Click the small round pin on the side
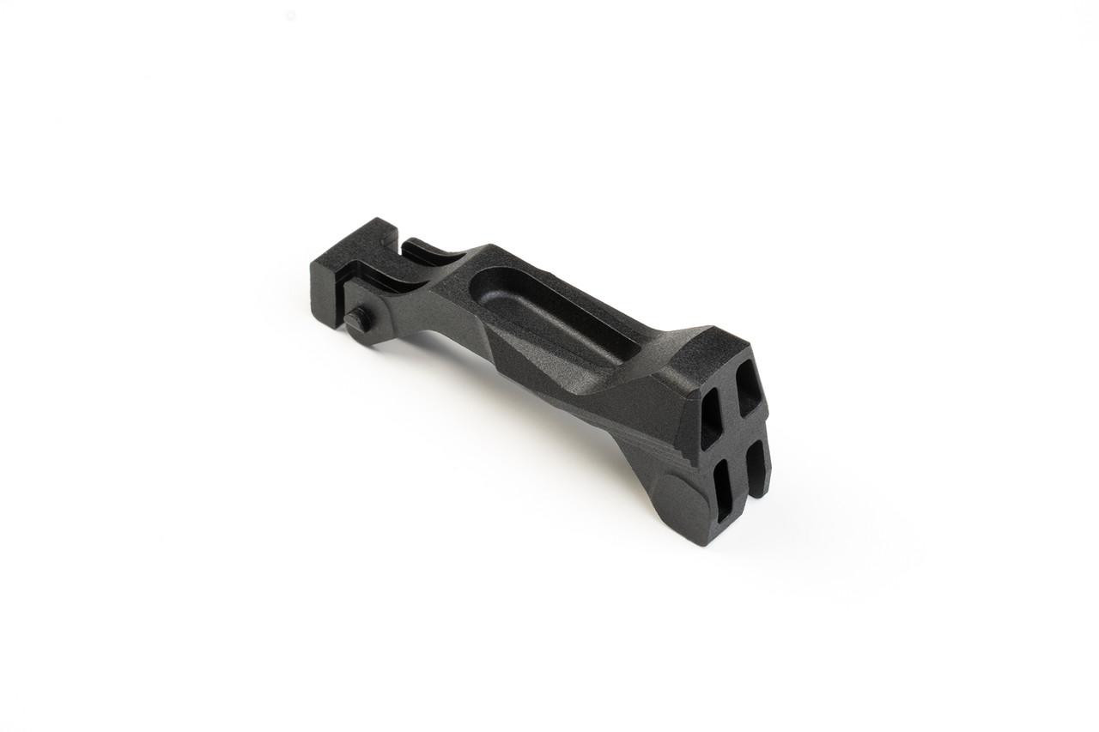(x=357, y=319)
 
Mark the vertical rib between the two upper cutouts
(x=731, y=402)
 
